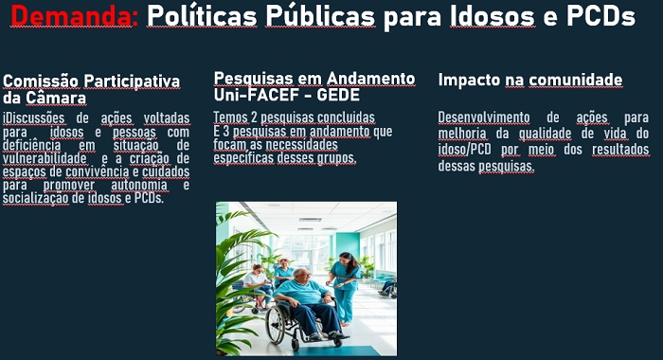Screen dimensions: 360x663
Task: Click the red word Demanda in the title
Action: pos(74,18)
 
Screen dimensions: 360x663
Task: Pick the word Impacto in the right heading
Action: pos(468,81)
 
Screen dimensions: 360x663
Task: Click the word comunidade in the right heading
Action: pos(576,81)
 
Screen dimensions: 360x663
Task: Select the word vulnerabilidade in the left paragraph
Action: pos(45,158)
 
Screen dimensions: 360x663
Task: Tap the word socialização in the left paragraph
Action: pos(34,198)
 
